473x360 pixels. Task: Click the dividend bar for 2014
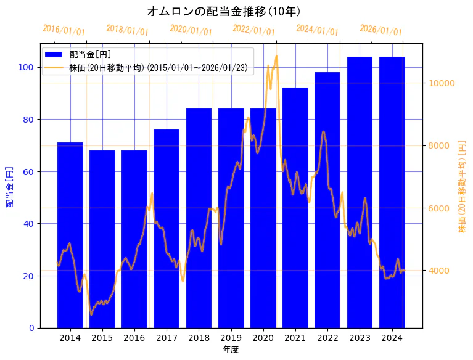70,235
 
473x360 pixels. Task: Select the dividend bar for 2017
167,228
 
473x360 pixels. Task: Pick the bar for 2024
392,192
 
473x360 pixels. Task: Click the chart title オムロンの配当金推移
224,11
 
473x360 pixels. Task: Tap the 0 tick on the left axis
31,328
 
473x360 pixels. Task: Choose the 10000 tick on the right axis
442,83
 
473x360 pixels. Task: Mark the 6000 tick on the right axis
440,208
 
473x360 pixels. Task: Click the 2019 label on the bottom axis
231,338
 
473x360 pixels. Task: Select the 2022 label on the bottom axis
327,338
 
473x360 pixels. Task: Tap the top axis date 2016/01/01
64,30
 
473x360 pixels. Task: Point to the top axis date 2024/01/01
317,30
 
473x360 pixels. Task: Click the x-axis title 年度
231,350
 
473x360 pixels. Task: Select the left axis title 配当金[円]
9,186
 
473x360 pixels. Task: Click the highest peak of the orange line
276,56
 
